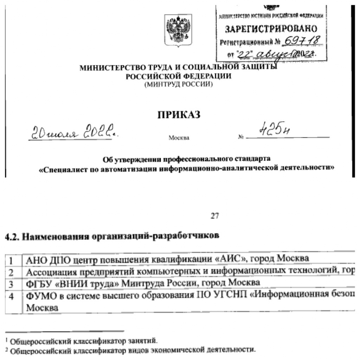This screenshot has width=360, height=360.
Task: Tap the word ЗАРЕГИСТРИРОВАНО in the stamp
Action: (x=271, y=28)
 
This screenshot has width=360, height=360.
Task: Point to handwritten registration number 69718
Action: (x=304, y=41)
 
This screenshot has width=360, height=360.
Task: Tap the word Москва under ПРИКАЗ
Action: (x=179, y=138)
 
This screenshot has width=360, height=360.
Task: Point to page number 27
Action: (x=214, y=217)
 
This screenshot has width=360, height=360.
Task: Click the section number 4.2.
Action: (x=12, y=237)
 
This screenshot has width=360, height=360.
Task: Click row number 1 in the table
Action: (x=11, y=261)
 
